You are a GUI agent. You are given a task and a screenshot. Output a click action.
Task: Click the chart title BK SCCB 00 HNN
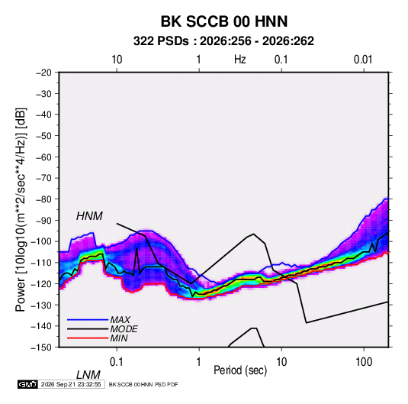click(x=224, y=21)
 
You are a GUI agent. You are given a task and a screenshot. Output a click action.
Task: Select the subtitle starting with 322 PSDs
click(x=223, y=41)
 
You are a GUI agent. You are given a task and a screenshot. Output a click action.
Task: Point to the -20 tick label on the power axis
click(x=43, y=73)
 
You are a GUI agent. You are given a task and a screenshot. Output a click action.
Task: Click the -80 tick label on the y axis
click(x=43, y=199)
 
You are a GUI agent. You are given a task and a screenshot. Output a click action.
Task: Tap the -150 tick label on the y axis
click(x=41, y=347)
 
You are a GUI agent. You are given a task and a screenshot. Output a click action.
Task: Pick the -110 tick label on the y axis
click(x=41, y=263)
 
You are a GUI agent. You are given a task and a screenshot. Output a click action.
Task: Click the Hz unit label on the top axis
click(x=240, y=60)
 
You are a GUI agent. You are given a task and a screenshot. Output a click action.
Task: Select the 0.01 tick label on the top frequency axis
click(x=363, y=60)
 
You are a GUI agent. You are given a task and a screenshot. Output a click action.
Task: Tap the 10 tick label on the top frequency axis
click(x=117, y=60)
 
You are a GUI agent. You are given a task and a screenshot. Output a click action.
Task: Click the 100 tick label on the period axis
click(x=364, y=362)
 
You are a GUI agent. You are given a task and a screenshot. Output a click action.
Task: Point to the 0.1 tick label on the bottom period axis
click(x=117, y=362)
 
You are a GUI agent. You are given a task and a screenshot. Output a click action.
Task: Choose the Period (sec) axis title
click(x=240, y=370)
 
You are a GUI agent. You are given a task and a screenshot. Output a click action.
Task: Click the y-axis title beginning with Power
click(x=21, y=209)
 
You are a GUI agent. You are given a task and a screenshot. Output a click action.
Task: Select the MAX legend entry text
click(x=120, y=320)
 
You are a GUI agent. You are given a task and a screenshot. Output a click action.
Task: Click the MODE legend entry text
click(x=124, y=329)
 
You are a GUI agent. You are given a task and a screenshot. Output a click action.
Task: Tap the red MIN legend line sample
click(x=88, y=338)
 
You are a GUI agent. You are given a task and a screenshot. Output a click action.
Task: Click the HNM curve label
click(x=89, y=216)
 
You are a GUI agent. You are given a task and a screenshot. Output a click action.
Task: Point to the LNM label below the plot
click(x=88, y=375)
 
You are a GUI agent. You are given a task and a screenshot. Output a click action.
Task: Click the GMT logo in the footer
click(x=27, y=384)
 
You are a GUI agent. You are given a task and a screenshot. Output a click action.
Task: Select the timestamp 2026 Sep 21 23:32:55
click(x=71, y=384)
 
